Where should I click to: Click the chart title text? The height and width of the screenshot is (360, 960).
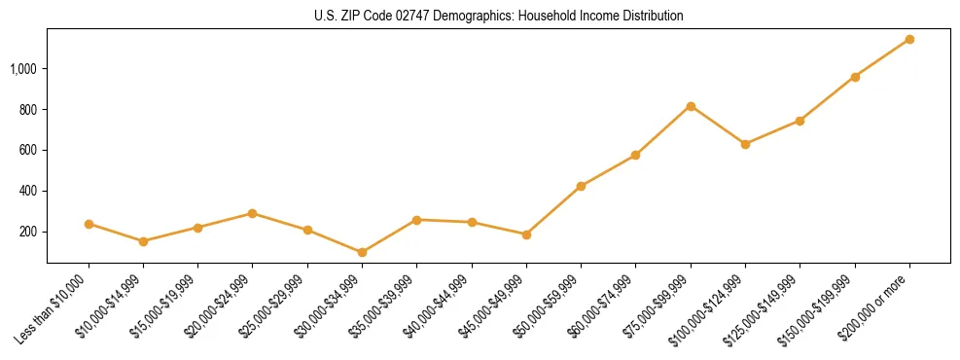[498, 16]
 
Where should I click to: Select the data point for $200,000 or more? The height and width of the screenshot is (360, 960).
[909, 39]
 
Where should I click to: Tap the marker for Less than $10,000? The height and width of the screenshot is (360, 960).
[89, 224]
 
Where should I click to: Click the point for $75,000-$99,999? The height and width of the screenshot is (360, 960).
[691, 106]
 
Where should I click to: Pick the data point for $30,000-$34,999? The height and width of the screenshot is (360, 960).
[363, 252]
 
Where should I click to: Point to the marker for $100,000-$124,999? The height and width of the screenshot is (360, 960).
[746, 144]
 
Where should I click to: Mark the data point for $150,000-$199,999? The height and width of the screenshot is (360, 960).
[855, 77]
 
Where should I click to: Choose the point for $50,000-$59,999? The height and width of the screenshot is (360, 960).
[582, 186]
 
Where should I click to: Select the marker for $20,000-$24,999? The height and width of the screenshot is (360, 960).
[253, 213]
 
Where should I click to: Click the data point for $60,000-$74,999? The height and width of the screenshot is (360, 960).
[636, 155]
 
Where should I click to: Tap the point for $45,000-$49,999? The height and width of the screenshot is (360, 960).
[526, 234]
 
